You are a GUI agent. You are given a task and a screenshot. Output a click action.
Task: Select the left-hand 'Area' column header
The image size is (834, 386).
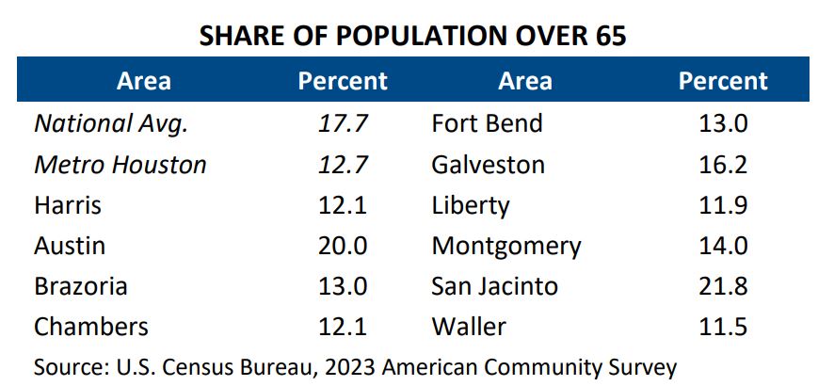click(x=144, y=81)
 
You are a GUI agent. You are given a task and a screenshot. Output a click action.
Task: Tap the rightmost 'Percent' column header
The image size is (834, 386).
click(x=723, y=81)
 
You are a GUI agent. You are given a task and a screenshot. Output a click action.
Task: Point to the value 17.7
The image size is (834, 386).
click(x=343, y=123)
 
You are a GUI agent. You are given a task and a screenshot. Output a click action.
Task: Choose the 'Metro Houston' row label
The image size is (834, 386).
click(x=120, y=165)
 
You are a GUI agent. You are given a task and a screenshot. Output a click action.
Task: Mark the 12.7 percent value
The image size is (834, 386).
click(x=343, y=165)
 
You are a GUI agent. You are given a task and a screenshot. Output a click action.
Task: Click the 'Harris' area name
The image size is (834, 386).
click(x=68, y=205)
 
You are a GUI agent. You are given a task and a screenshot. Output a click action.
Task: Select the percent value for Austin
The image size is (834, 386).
click(x=343, y=246)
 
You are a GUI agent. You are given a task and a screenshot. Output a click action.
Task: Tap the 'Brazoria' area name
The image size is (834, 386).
click(x=80, y=286)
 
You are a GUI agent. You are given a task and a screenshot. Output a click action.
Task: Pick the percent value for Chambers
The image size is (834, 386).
click(x=343, y=327)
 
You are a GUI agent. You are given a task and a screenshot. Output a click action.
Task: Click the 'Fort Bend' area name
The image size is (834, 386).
click(x=487, y=123)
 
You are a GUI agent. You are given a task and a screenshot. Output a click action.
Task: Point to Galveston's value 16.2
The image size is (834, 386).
click(x=723, y=165)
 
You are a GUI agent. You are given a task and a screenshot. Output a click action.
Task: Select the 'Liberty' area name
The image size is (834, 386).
click(x=471, y=205)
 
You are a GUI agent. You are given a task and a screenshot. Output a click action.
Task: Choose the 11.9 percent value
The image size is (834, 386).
click(x=723, y=205)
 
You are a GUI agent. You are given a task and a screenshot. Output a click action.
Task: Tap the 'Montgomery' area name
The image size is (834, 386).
click(x=506, y=246)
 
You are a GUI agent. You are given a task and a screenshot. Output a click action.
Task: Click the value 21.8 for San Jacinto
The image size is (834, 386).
click(x=723, y=286)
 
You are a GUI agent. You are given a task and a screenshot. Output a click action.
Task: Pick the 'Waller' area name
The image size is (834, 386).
click(x=469, y=327)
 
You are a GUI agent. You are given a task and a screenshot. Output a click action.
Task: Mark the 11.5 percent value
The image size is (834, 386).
click(x=723, y=327)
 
